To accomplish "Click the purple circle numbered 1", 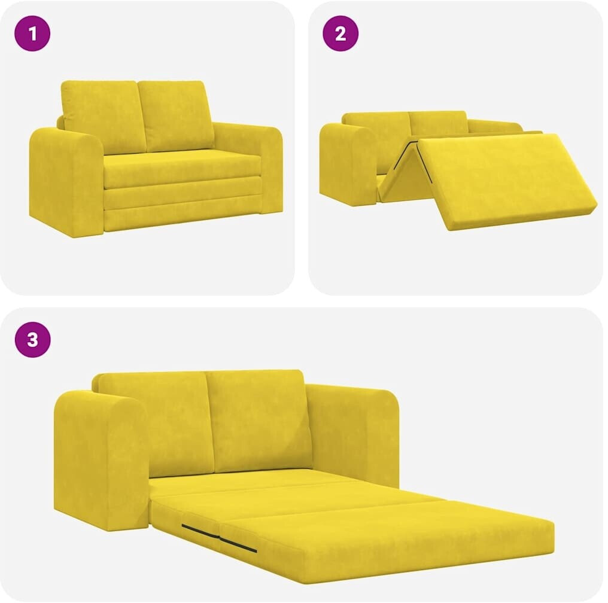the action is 32,33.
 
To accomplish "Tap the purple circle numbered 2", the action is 341,33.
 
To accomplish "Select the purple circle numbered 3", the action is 32,339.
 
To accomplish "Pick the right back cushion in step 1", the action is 176,115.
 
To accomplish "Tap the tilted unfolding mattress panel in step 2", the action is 504,181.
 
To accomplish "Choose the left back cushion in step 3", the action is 155,423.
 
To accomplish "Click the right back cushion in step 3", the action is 257,421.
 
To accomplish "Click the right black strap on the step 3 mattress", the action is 238,544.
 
